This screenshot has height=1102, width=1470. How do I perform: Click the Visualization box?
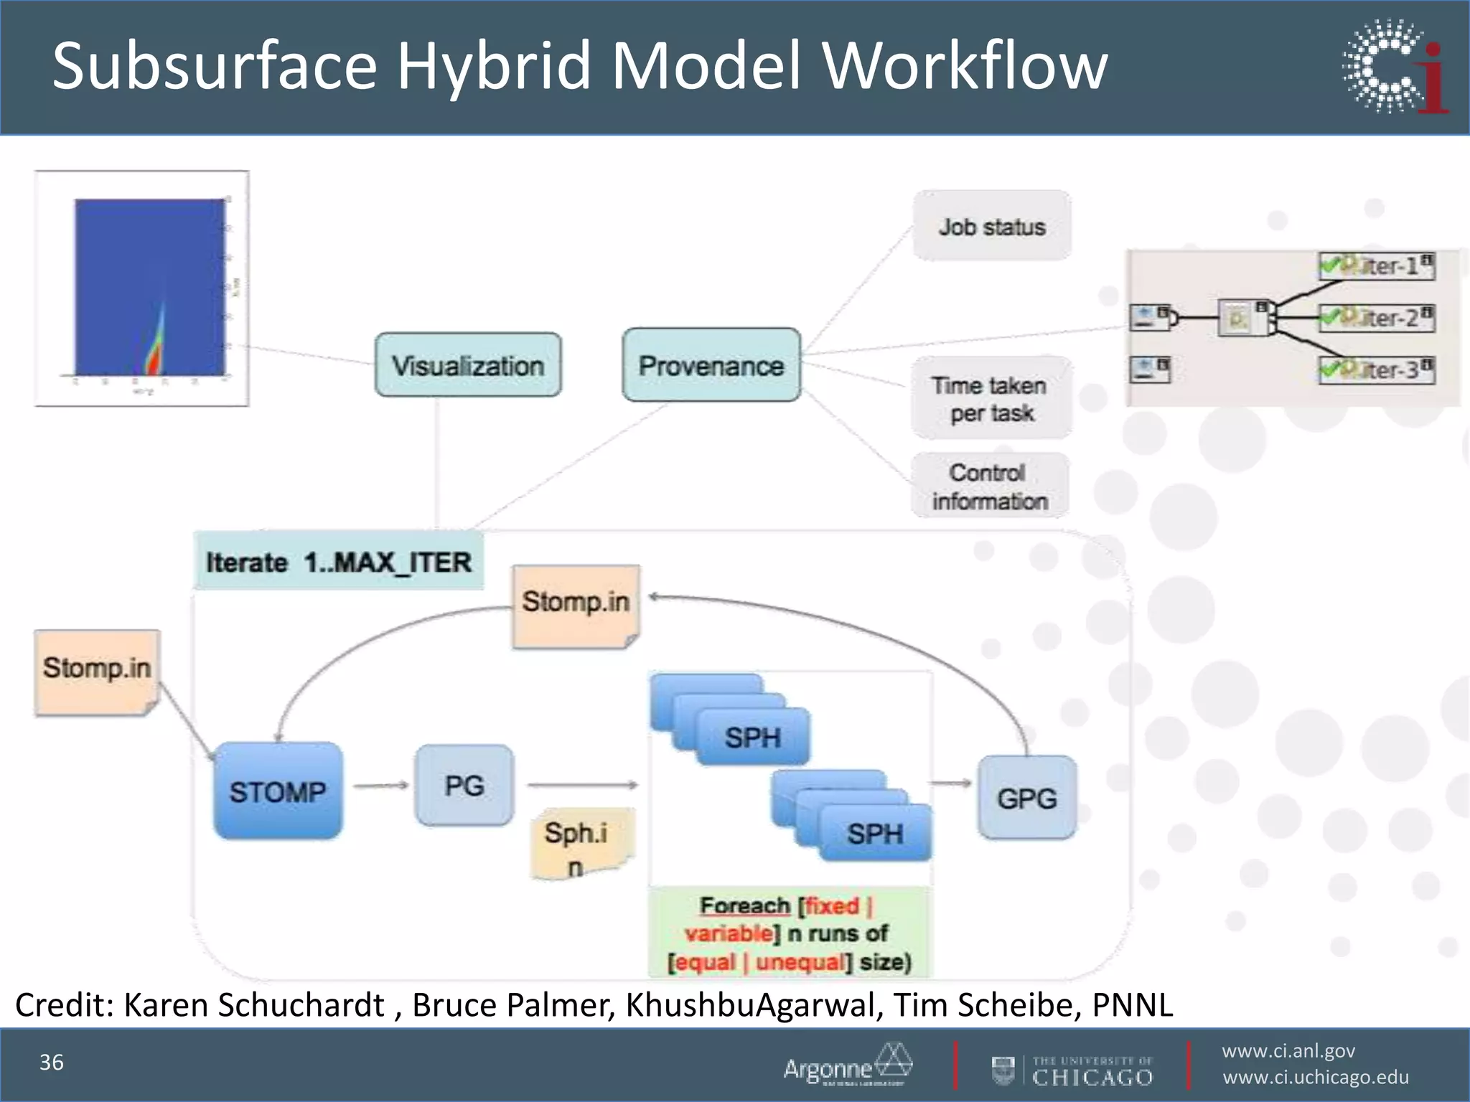(x=468, y=364)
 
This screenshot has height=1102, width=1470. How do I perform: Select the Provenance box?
(x=711, y=364)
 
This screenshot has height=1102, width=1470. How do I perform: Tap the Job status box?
(x=991, y=226)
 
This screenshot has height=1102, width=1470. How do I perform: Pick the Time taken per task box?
(x=991, y=399)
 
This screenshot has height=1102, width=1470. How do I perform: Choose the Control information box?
(x=990, y=486)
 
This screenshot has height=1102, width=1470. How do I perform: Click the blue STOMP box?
(x=278, y=791)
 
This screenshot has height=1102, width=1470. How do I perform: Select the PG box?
(x=464, y=785)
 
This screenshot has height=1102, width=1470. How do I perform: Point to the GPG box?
(x=1026, y=797)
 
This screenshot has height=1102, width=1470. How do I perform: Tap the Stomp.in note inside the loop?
(x=576, y=606)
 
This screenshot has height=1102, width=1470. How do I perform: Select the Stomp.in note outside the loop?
(x=97, y=672)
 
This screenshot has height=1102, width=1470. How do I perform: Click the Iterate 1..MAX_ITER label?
(x=339, y=562)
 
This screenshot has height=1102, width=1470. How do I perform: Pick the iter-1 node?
(x=1376, y=266)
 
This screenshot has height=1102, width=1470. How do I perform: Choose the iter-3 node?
(x=1376, y=370)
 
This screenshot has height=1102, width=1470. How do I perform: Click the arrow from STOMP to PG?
(x=380, y=786)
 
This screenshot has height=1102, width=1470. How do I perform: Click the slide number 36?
(x=52, y=1062)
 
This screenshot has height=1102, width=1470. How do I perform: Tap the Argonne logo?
(x=847, y=1065)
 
